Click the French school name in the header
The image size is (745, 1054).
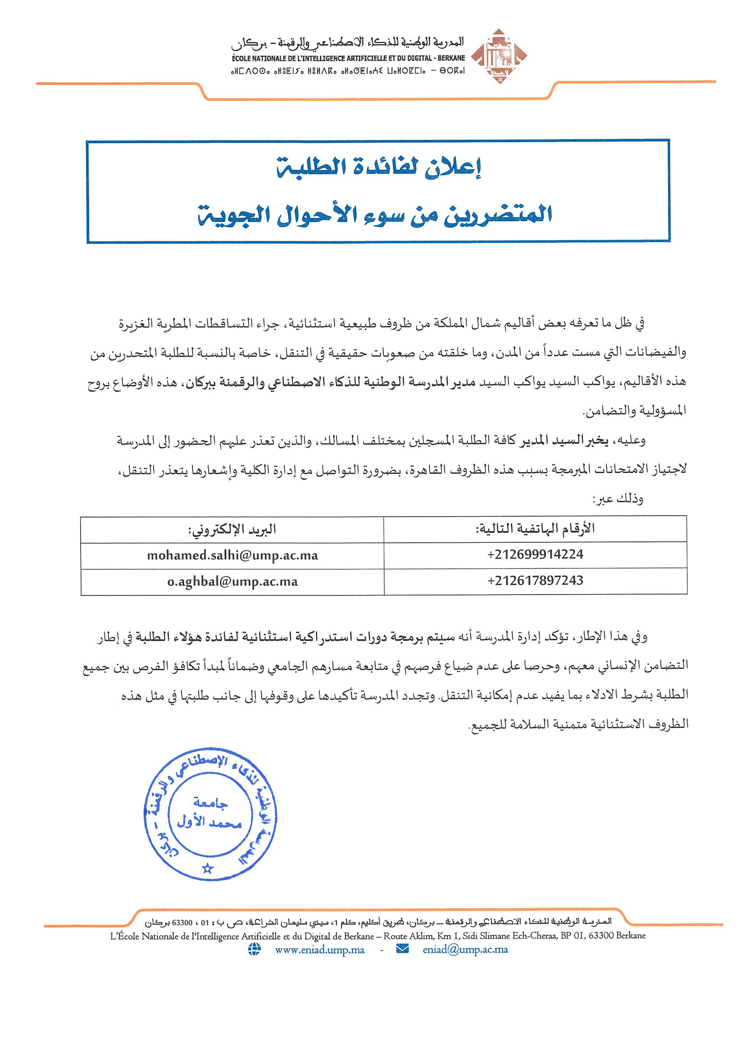click(x=349, y=58)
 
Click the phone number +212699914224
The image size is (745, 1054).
click(x=535, y=554)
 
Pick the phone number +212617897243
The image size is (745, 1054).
click(x=535, y=581)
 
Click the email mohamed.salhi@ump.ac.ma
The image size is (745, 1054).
click(x=232, y=555)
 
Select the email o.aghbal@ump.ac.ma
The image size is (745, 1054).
click(x=232, y=582)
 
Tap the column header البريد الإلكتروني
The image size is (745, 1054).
click(x=232, y=529)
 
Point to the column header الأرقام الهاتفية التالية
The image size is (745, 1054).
click(x=535, y=528)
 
